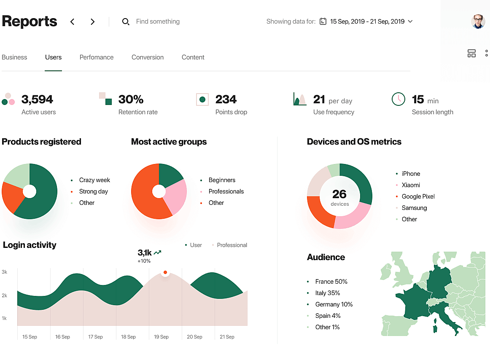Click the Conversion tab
(147, 57)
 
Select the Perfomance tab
(97, 57)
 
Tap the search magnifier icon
(126, 21)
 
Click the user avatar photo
(478, 21)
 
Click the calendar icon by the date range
(323, 21)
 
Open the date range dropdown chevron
(410, 21)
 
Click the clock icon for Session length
(398, 99)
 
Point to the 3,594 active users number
(37, 99)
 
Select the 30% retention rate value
(131, 99)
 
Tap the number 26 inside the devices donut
(339, 194)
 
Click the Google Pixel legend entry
(418, 196)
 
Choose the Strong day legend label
(93, 191)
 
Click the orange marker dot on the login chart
(165, 272)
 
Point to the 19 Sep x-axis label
(161, 337)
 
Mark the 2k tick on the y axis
(5, 296)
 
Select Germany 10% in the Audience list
(334, 304)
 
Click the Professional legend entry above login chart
(232, 245)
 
